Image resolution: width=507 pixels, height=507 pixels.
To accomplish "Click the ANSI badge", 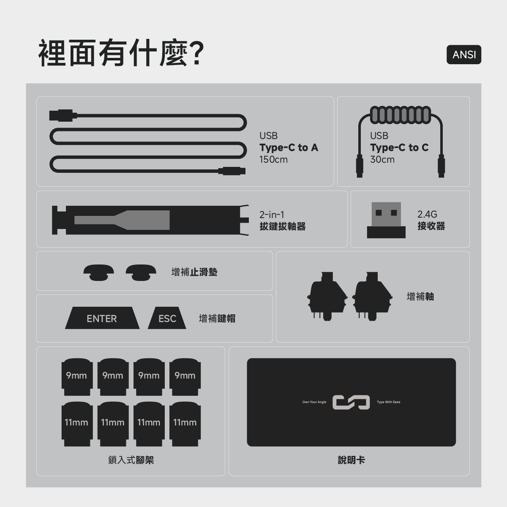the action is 463,55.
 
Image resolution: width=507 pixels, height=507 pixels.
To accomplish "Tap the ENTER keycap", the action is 102,318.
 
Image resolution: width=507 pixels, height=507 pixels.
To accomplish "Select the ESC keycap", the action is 167,318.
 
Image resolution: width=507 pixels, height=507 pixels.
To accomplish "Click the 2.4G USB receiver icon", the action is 386,220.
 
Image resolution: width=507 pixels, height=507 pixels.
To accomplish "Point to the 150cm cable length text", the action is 273,159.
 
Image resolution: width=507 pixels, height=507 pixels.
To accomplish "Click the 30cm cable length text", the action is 382,159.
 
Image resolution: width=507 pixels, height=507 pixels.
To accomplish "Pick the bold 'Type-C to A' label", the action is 289,147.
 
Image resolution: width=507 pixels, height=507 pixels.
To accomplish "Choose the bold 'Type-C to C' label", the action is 399,147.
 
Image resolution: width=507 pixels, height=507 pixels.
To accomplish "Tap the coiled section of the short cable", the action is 401,115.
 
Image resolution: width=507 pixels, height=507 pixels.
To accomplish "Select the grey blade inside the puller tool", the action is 122,220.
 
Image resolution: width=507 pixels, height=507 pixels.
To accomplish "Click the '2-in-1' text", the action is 272,215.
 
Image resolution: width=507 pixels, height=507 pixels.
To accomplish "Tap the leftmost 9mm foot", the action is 77,377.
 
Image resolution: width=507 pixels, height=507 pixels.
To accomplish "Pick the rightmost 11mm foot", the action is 185,424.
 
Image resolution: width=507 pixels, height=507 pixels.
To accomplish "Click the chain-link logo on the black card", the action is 351,402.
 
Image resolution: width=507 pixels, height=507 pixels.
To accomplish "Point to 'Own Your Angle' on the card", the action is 314,402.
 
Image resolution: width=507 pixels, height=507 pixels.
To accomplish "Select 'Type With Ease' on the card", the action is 388,402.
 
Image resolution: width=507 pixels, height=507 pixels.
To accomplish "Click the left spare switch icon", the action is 327,296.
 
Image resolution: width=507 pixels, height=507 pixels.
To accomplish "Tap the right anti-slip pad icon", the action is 141,273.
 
